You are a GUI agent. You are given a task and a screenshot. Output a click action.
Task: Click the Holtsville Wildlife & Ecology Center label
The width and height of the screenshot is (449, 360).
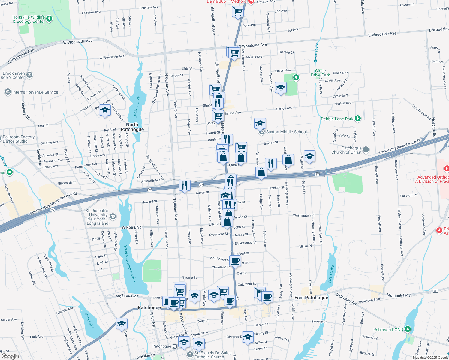(x=29, y=19)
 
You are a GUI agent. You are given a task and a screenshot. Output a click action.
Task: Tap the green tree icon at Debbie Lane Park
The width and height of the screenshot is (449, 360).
(x=357, y=118)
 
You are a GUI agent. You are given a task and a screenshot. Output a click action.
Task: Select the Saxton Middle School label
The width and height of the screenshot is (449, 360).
(x=286, y=132)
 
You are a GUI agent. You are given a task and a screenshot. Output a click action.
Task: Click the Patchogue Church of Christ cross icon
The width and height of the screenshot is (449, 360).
(x=366, y=149)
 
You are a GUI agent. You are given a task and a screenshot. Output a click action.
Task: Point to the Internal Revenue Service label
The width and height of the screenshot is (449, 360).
(x=35, y=92)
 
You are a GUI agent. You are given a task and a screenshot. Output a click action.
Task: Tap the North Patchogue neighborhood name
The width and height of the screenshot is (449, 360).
(x=132, y=127)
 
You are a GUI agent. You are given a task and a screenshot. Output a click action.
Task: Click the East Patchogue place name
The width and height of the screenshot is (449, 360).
(x=311, y=298)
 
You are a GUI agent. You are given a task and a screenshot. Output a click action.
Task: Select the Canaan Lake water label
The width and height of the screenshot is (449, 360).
(x=137, y=107)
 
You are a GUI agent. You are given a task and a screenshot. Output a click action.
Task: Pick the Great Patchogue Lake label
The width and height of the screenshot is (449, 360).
(x=130, y=263)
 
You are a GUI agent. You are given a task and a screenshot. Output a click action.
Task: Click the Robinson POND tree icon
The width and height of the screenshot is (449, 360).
(x=408, y=329)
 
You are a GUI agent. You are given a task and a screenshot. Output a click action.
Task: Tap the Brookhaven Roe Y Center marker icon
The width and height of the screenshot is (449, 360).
(x=29, y=75)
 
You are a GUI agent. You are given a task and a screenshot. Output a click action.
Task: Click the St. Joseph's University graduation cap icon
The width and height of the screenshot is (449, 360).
(x=113, y=216)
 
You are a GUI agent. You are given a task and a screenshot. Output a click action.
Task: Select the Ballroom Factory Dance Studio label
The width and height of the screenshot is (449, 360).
(x=19, y=139)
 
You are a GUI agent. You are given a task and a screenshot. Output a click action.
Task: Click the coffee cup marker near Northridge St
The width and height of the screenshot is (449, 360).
(x=236, y=261)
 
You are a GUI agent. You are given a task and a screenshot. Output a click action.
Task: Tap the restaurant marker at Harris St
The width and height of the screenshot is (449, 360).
(x=227, y=139)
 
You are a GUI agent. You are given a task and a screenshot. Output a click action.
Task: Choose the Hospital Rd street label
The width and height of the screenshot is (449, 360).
(x=434, y=127)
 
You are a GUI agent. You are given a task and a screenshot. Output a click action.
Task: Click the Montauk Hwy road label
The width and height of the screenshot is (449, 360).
(x=399, y=295)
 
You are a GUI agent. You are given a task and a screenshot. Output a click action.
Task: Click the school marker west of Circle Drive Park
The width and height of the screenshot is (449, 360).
(x=281, y=88)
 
